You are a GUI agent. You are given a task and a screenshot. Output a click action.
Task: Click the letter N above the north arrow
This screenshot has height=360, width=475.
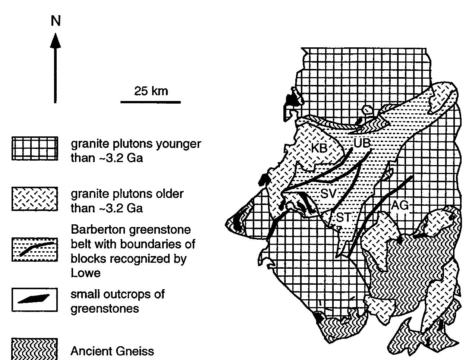(x=56, y=21)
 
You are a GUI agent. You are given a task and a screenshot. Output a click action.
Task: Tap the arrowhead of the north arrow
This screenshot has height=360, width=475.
(x=56, y=40)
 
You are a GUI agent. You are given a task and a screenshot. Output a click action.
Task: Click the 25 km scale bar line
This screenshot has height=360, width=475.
(x=150, y=102)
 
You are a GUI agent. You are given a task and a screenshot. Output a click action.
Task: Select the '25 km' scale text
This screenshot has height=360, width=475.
(x=151, y=91)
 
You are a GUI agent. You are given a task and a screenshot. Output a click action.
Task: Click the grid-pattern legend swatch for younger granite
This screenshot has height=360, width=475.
(x=35, y=148)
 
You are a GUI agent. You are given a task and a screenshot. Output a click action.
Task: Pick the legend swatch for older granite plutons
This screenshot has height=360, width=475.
(x=35, y=199)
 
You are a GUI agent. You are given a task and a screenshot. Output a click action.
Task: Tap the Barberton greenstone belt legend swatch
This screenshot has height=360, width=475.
(x=35, y=249)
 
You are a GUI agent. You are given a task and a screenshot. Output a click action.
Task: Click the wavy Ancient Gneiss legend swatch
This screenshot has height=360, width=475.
(x=35, y=349)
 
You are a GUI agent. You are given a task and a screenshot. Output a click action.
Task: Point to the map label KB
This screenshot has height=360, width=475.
(x=319, y=148)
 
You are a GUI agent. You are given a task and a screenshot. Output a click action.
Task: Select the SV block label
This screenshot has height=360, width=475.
(x=328, y=193)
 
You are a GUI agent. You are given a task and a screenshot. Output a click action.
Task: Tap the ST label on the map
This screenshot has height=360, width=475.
(x=343, y=217)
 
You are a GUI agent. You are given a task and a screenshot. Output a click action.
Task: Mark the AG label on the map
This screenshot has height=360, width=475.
(x=400, y=205)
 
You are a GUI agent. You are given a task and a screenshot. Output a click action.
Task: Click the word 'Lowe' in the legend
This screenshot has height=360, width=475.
(x=86, y=273)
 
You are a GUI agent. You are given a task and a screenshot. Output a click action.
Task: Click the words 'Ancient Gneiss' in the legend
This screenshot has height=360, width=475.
(x=112, y=351)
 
